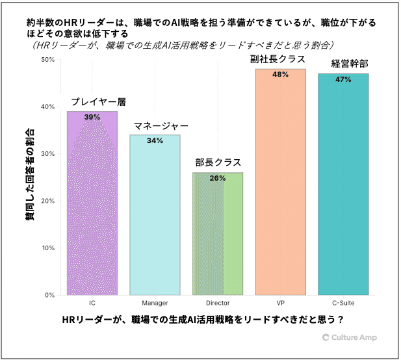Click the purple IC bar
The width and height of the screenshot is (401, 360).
point(92,208)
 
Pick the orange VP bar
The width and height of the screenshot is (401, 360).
point(280,188)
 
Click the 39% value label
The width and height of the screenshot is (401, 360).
point(92,117)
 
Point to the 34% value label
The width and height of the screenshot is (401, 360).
point(155,140)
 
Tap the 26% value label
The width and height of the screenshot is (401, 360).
point(218,178)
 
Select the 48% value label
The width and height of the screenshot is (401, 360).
point(280,75)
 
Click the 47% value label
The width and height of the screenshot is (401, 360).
point(343,79)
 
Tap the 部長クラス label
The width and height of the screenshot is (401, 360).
point(218,163)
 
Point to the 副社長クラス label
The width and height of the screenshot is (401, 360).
point(280,59)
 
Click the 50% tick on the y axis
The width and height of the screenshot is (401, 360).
point(47,60)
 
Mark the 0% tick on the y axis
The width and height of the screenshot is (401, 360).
point(49,295)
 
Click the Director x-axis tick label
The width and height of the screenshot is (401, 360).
point(218,303)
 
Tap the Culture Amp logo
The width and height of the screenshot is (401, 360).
point(349,337)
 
